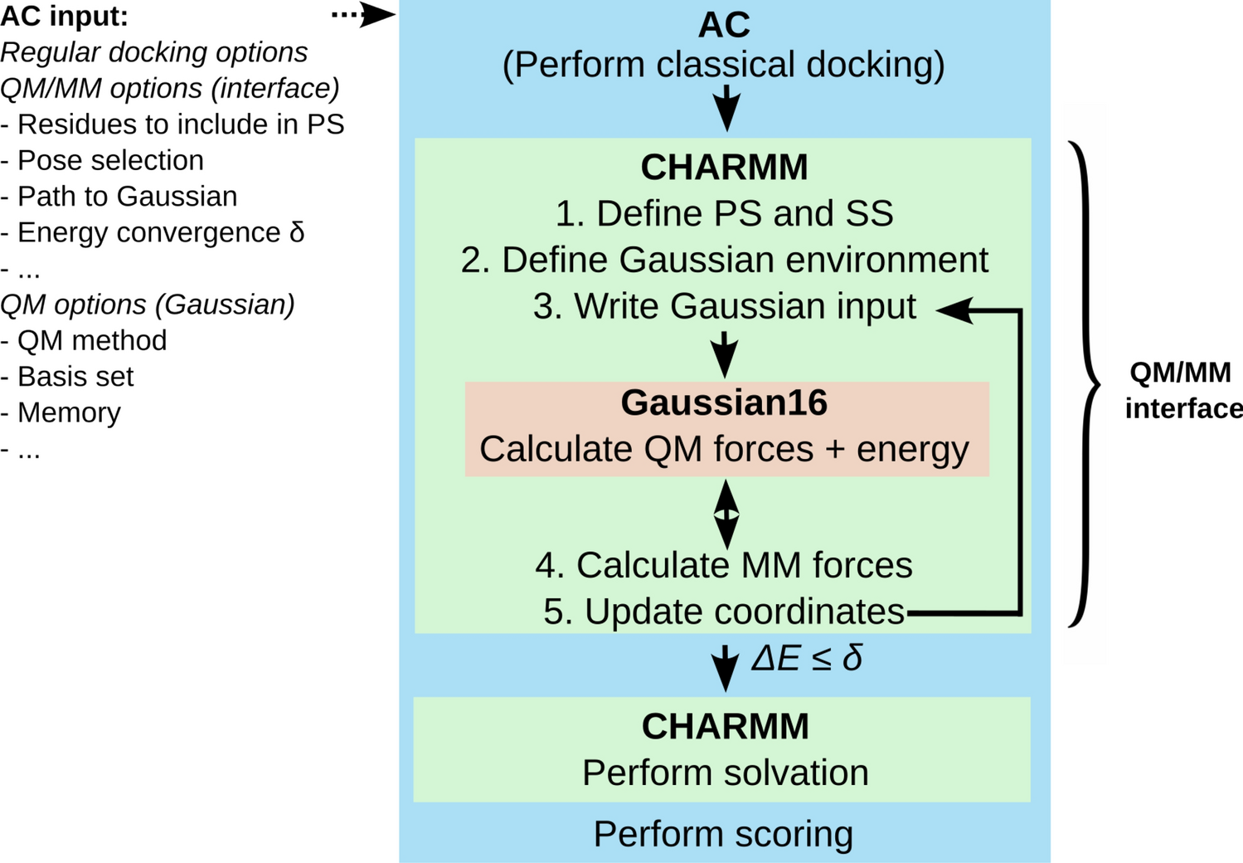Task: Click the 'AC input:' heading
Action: coord(65,16)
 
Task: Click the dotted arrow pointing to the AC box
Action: coord(363,15)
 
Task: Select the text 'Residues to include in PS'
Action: coord(180,124)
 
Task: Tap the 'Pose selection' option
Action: coord(110,160)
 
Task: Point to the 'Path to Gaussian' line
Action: coord(127,197)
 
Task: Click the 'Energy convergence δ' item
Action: coord(161,232)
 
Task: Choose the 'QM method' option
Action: coord(92,340)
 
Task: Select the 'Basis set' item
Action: coord(75,377)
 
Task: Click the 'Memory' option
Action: coord(69,412)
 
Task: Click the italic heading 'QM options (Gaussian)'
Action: coord(148,305)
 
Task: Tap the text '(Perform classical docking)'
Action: coord(723,65)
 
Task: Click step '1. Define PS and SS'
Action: coord(724,213)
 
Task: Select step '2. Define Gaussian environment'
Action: coord(724,260)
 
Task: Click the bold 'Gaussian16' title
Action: coord(724,402)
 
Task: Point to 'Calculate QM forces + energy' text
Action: coord(724,449)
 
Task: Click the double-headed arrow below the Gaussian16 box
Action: coord(726,514)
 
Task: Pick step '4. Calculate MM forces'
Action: coord(724,565)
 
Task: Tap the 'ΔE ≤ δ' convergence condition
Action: coord(806,659)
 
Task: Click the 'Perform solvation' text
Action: coord(725,773)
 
